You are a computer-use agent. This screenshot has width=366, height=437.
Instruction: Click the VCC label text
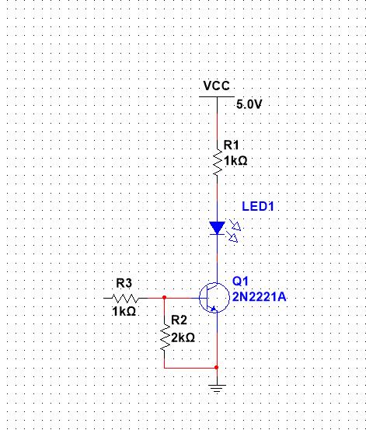click(x=217, y=86)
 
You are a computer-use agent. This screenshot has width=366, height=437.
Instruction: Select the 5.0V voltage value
click(x=249, y=104)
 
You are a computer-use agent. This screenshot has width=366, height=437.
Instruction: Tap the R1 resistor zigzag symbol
click(x=218, y=163)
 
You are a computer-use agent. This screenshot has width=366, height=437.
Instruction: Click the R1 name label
click(x=232, y=145)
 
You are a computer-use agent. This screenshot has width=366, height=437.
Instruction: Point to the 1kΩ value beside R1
click(x=235, y=161)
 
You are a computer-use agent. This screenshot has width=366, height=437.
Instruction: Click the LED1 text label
click(x=258, y=207)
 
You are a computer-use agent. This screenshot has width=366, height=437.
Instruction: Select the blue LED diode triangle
click(x=218, y=228)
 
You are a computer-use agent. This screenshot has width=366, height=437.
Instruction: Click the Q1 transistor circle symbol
click(x=214, y=298)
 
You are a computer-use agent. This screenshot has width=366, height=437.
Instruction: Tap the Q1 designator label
click(x=240, y=281)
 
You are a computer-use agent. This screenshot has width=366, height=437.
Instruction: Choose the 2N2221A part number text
click(x=259, y=297)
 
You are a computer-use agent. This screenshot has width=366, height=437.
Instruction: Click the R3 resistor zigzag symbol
click(x=125, y=299)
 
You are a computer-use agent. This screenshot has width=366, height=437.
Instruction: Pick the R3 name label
click(x=124, y=284)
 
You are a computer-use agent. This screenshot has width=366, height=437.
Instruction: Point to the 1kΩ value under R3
click(x=124, y=311)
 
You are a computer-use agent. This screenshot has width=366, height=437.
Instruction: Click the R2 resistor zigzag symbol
click(x=165, y=337)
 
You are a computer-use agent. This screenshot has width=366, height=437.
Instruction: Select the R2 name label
click(x=179, y=320)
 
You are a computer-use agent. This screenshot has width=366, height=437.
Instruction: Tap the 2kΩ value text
click(x=183, y=337)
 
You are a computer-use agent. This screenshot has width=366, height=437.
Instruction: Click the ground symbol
click(x=217, y=388)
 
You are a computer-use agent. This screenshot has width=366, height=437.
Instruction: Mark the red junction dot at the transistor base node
click(x=164, y=298)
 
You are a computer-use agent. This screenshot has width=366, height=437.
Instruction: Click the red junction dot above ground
click(x=217, y=368)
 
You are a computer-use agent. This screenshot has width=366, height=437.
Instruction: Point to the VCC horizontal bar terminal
click(x=217, y=96)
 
